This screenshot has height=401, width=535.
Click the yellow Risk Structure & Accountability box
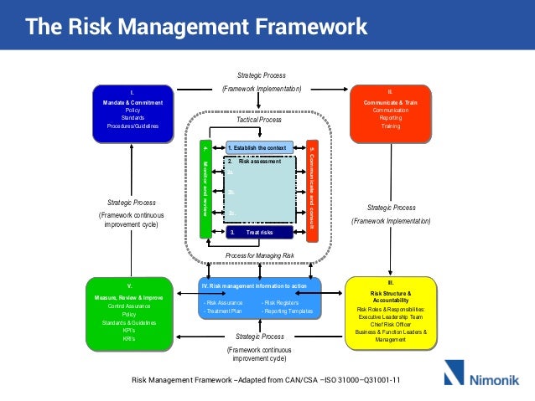[x=391, y=311]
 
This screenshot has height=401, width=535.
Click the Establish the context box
[x=260, y=147]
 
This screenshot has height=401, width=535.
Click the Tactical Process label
[x=259, y=120]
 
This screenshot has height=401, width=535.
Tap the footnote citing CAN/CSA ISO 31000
[x=267, y=380]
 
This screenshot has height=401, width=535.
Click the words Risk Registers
[x=280, y=302]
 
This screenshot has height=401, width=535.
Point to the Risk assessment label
[x=261, y=161]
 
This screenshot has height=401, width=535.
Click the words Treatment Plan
[x=223, y=311]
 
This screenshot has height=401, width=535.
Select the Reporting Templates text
[x=288, y=311]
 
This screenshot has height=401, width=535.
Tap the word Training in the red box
[x=391, y=126]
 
